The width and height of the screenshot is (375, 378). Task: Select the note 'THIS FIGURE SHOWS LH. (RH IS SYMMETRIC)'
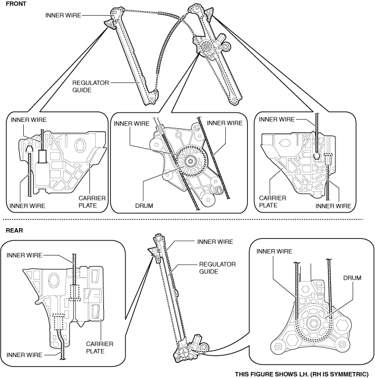pyautogui.click(x=301, y=373)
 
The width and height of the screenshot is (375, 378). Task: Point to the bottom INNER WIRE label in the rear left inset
pyautogui.click(x=25, y=354)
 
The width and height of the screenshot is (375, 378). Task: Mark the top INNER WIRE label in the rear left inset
pyautogui.click(x=25, y=254)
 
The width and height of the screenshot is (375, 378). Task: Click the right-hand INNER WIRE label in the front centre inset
pyautogui.click(x=224, y=123)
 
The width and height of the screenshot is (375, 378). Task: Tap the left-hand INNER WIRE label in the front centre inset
pyautogui.click(x=132, y=123)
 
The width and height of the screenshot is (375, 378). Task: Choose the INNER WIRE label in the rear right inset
pyautogui.click(x=275, y=251)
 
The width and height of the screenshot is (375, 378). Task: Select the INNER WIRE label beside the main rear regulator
pyautogui.click(x=215, y=242)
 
